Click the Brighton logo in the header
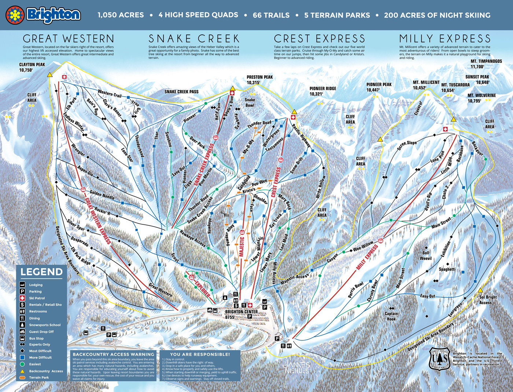[43, 15]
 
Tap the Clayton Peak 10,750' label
[32, 67]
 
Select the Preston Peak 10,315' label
[259, 80]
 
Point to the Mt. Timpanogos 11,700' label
[486, 64]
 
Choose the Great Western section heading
[69, 39]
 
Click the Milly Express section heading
[445, 39]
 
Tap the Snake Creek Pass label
[181, 92]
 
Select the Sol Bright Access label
[488, 300]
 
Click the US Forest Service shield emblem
[439, 358]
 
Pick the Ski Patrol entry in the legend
[37, 298]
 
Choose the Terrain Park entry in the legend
[39, 377]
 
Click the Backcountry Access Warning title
[114, 354]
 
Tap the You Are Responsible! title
[200, 354]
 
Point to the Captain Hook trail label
[391, 316]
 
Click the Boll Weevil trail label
[426, 255]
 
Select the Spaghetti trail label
[447, 269]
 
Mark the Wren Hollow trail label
[321, 187]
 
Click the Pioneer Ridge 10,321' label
[322, 91]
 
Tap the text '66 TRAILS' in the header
[271, 15]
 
